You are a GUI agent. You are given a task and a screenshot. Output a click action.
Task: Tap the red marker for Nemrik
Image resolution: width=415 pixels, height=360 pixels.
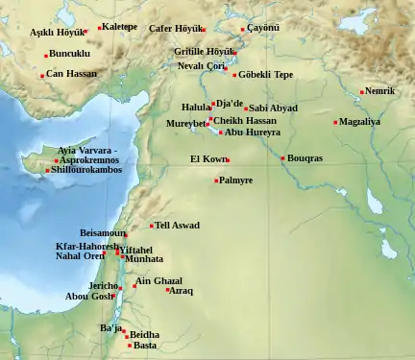(362, 92)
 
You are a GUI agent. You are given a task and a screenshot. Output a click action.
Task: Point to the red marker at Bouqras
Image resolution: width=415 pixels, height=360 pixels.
(282, 158)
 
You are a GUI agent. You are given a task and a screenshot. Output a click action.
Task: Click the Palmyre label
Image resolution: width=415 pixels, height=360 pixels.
(236, 180)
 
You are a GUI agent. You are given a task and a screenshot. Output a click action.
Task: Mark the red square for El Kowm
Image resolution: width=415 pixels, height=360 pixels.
(227, 160)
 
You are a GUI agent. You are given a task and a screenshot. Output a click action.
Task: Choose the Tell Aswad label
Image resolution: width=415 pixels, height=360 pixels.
(178, 226)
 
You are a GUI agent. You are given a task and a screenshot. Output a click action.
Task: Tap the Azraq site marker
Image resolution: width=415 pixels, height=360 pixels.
(167, 289)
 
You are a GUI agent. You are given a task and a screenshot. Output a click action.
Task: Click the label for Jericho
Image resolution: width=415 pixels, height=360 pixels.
(101, 286)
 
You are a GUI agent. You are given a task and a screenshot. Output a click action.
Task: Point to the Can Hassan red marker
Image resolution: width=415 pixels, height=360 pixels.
(42, 75)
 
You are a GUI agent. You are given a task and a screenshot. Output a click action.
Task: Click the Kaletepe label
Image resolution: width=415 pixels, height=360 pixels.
(120, 27)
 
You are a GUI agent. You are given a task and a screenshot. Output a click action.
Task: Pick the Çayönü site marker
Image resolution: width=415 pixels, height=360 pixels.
(242, 30)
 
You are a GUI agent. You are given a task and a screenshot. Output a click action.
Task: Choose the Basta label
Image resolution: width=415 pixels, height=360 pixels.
(145, 346)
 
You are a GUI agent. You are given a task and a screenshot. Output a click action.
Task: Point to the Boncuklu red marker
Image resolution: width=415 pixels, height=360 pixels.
(45, 55)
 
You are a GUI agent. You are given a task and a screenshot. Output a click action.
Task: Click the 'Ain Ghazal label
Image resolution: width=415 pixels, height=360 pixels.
(159, 281)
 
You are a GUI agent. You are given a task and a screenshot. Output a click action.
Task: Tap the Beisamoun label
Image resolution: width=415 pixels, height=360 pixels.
(101, 233)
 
